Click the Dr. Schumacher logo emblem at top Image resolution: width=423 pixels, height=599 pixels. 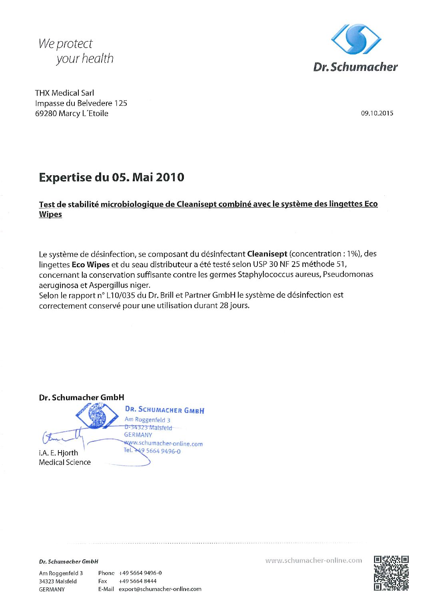pyautogui.click(x=356, y=39)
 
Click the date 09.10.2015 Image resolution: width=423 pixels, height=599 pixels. pyautogui.click(x=377, y=113)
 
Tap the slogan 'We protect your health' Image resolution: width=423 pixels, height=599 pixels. pyautogui.click(x=76, y=51)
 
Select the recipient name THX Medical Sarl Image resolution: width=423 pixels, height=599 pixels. pyautogui.click(x=64, y=93)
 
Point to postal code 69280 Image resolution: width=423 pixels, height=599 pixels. pyautogui.click(x=46, y=114)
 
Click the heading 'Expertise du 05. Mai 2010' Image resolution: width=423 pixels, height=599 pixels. pyautogui.click(x=112, y=177)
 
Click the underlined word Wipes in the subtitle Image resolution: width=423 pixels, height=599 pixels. pyautogui.click(x=50, y=214)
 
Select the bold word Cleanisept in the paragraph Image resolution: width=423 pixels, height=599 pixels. pyautogui.click(x=267, y=254)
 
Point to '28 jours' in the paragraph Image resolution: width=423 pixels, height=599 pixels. pyautogui.click(x=234, y=306)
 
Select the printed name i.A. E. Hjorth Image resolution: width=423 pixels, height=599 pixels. pyautogui.click(x=58, y=453)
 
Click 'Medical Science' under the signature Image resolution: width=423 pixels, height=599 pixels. pyautogui.click(x=65, y=463)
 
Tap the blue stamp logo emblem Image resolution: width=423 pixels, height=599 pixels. pyautogui.click(x=96, y=416)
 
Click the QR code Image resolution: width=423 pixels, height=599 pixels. pyautogui.click(x=391, y=573)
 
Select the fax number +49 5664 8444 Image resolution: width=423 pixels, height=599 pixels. pyautogui.click(x=138, y=581)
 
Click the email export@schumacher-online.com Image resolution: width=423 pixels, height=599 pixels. pyautogui.click(x=160, y=589)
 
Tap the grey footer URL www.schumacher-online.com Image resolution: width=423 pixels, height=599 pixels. pyautogui.click(x=313, y=561)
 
